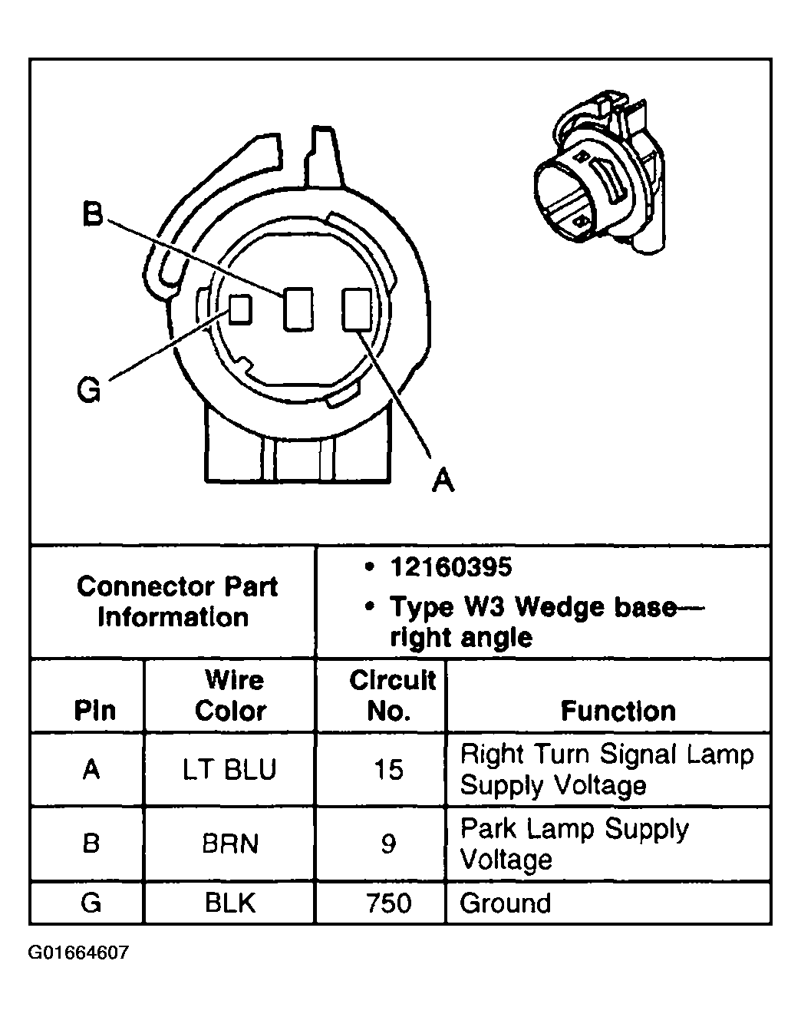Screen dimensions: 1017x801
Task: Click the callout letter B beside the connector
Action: coord(92,214)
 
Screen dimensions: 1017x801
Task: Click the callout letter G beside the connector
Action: coord(90,390)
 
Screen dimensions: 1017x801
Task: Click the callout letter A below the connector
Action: coord(443,479)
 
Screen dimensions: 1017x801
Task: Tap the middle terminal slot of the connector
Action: coord(298,309)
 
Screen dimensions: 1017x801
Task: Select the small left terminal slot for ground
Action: coord(241,309)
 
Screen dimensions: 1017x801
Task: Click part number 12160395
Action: coord(450,567)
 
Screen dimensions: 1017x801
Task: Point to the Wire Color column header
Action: coord(230,695)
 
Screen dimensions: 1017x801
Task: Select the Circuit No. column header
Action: coord(391,695)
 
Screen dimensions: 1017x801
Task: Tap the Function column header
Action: coord(618,711)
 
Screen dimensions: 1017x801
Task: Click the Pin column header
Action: coord(94,711)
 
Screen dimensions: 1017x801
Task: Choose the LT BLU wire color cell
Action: coord(229,770)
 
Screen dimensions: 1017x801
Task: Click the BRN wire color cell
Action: coord(230,844)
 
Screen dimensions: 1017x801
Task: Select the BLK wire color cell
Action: coord(230,903)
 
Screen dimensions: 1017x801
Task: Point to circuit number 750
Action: coord(389,903)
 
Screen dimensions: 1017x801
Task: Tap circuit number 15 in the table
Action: coord(389,770)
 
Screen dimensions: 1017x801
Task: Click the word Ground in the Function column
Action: coord(505,903)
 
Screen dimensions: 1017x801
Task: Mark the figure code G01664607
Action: coord(78,953)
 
